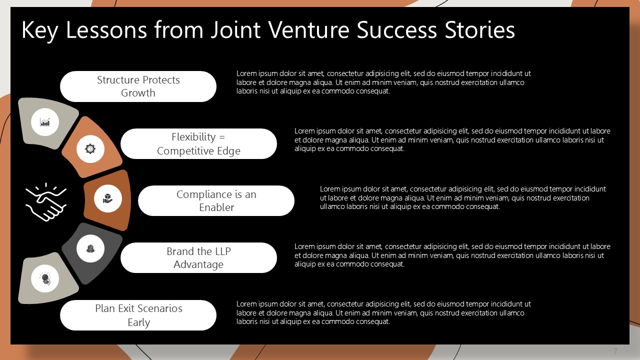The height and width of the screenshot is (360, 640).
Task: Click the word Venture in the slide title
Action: point(308,29)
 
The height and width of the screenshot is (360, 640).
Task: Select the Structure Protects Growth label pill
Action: point(138,86)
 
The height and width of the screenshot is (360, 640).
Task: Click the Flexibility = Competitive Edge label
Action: point(198,143)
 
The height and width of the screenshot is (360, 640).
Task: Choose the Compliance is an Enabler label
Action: point(216,200)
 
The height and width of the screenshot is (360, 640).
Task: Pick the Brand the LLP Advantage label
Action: point(198,257)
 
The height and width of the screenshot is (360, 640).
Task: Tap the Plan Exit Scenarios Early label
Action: point(138,315)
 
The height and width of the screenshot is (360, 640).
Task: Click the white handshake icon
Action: point(46,202)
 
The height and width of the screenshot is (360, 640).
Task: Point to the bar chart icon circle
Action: point(45,122)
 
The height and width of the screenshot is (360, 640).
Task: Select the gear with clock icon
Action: point(90,149)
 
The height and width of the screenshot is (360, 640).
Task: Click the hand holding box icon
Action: point(107,198)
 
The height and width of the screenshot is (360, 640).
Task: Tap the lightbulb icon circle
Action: point(45,278)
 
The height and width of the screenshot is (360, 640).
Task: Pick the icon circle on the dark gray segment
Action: point(90,248)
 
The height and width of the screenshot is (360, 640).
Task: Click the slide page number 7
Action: point(615,351)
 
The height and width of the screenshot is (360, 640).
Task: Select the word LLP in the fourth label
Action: point(222,251)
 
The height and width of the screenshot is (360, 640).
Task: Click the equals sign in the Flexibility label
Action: point(222,137)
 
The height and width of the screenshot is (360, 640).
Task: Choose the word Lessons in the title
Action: point(106,29)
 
